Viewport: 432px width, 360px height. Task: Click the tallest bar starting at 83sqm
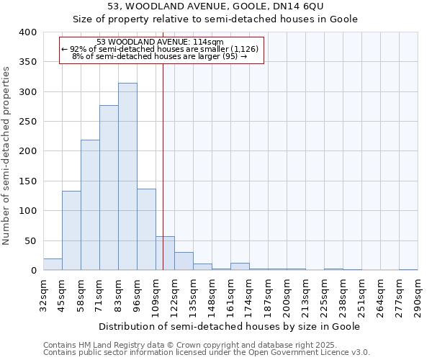pyautogui.click(x=127, y=176)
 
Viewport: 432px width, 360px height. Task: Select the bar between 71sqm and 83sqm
pyautogui.click(x=109, y=188)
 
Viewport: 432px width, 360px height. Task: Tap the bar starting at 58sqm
pyautogui.click(x=90, y=205)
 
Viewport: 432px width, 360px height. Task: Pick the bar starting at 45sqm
pyautogui.click(x=71, y=230)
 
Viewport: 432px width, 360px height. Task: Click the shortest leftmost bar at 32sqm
pyautogui.click(x=53, y=264)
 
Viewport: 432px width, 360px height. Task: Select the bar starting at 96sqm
pyautogui.click(x=146, y=229)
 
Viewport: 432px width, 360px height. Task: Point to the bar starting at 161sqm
pyautogui.click(x=240, y=266)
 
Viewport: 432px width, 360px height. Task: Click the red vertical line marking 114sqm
pyautogui.click(x=163, y=166)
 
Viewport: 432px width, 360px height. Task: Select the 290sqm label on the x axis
pyautogui.click(x=418, y=297)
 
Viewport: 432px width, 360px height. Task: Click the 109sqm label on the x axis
pyautogui.click(x=156, y=297)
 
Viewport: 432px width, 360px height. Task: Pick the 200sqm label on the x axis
pyautogui.click(x=287, y=297)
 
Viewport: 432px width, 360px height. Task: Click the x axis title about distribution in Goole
pyautogui.click(x=230, y=326)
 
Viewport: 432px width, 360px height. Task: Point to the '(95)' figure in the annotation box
pyautogui.click(x=230, y=55)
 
